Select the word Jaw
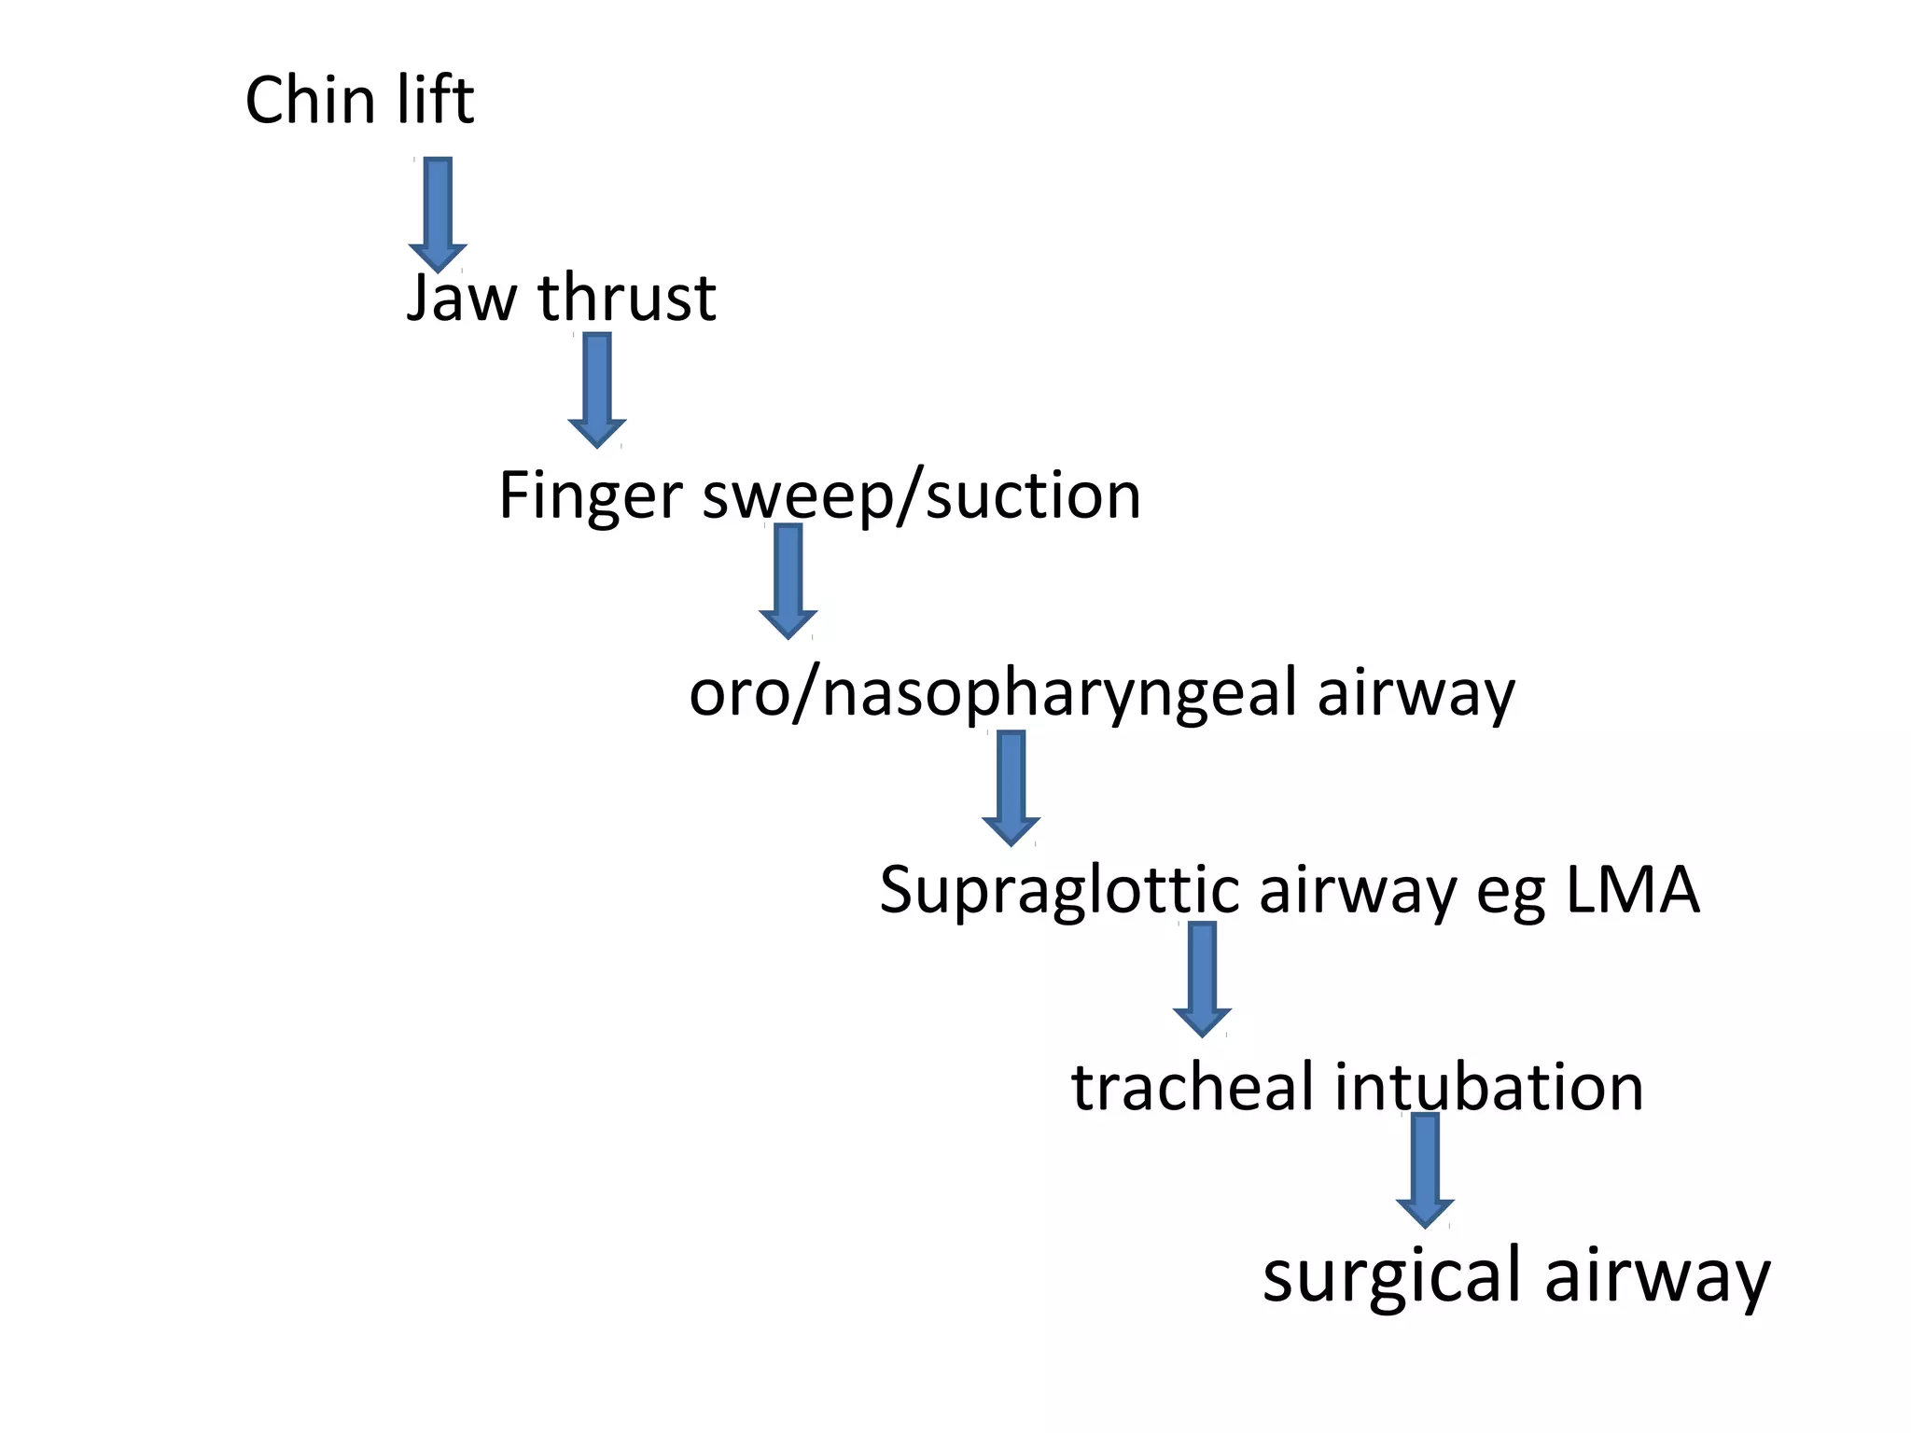pyautogui.click(x=461, y=299)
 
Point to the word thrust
pyautogui.click(x=626, y=299)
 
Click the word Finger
pyautogui.click(x=591, y=496)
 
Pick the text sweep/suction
pyautogui.click(x=921, y=496)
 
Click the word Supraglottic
pyautogui.click(x=1058, y=891)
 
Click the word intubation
pyautogui.click(x=1488, y=1088)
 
